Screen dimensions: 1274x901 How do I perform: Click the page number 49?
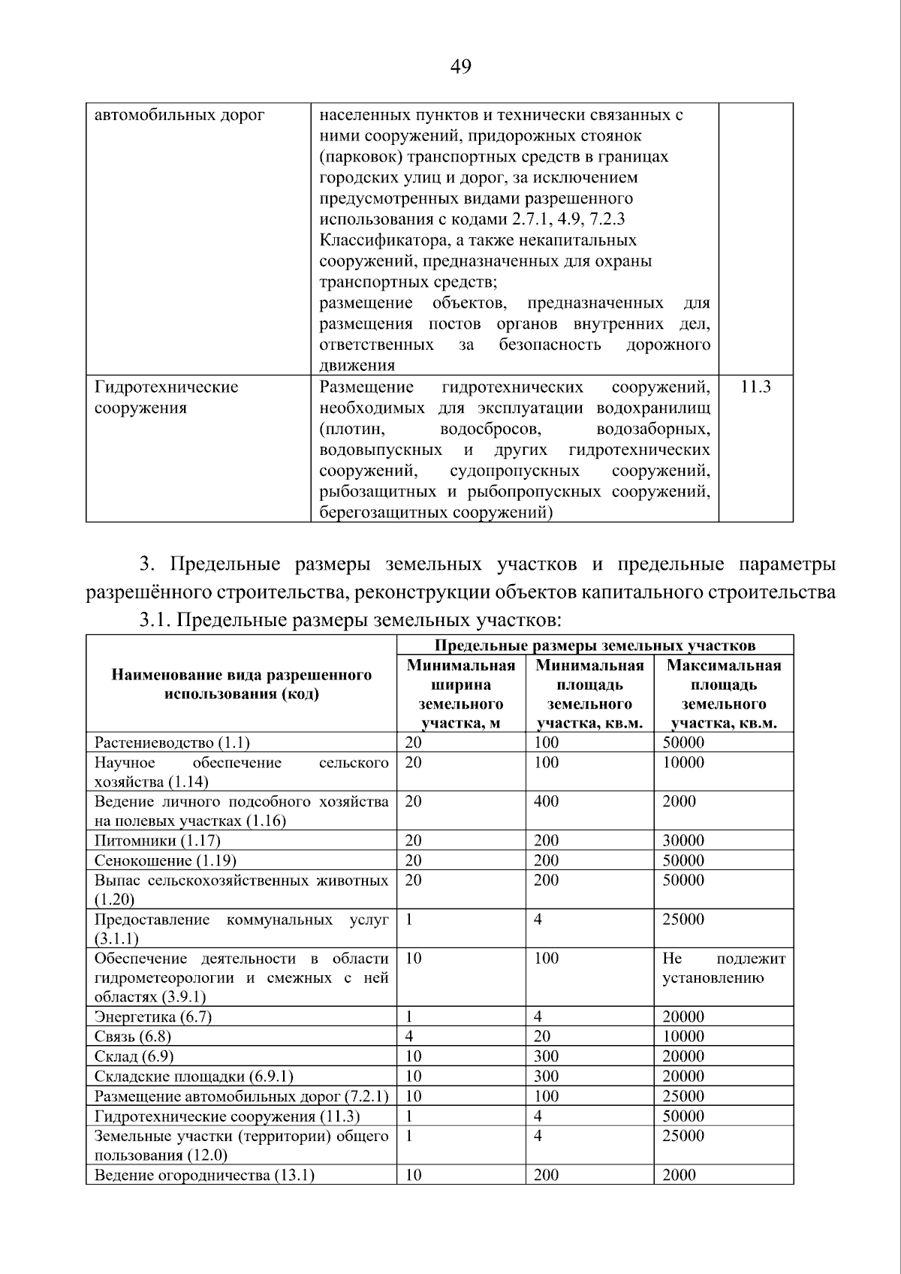click(460, 68)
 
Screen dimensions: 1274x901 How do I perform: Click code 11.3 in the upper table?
click(755, 387)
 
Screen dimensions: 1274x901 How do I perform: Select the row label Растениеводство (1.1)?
click(172, 742)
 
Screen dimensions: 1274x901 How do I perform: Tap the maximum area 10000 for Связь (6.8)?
click(683, 1036)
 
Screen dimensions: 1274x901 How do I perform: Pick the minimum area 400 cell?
click(546, 801)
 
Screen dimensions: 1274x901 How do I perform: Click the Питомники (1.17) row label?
click(157, 840)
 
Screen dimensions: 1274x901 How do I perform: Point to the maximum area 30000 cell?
click(683, 840)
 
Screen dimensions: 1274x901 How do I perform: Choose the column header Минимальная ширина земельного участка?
click(460, 694)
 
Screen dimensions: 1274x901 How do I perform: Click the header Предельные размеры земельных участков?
click(595, 646)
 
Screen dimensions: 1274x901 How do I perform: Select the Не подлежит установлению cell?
click(723, 968)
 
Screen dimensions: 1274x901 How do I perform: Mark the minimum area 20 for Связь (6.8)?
click(541, 1036)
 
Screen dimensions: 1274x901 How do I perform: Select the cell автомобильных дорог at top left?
click(179, 116)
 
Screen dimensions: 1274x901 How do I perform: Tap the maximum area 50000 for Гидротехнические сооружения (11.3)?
click(683, 1116)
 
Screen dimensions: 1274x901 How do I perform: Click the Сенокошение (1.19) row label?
click(165, 860)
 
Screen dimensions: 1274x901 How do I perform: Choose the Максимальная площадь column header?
click(723, 694)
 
